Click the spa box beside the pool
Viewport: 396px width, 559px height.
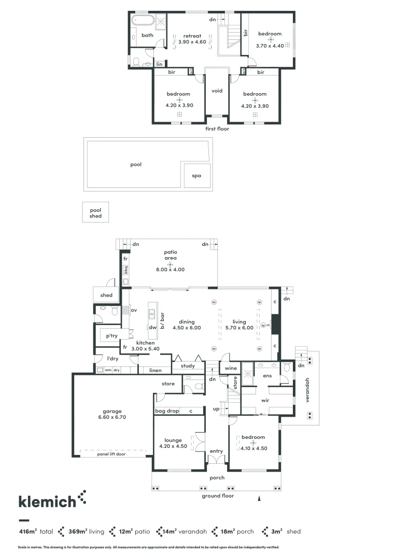(196, 176)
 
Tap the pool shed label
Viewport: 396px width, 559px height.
(95, 213)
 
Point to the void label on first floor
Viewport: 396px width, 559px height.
(217, 91)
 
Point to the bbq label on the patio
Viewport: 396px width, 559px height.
(126, 270)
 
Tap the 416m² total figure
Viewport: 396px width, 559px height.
(35, 532)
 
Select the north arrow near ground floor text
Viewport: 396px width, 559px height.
(259, 498)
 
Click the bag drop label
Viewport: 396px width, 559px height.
(167, 410)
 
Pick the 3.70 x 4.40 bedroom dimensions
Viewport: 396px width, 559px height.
(270, 45)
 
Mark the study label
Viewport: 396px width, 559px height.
(188, 366)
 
